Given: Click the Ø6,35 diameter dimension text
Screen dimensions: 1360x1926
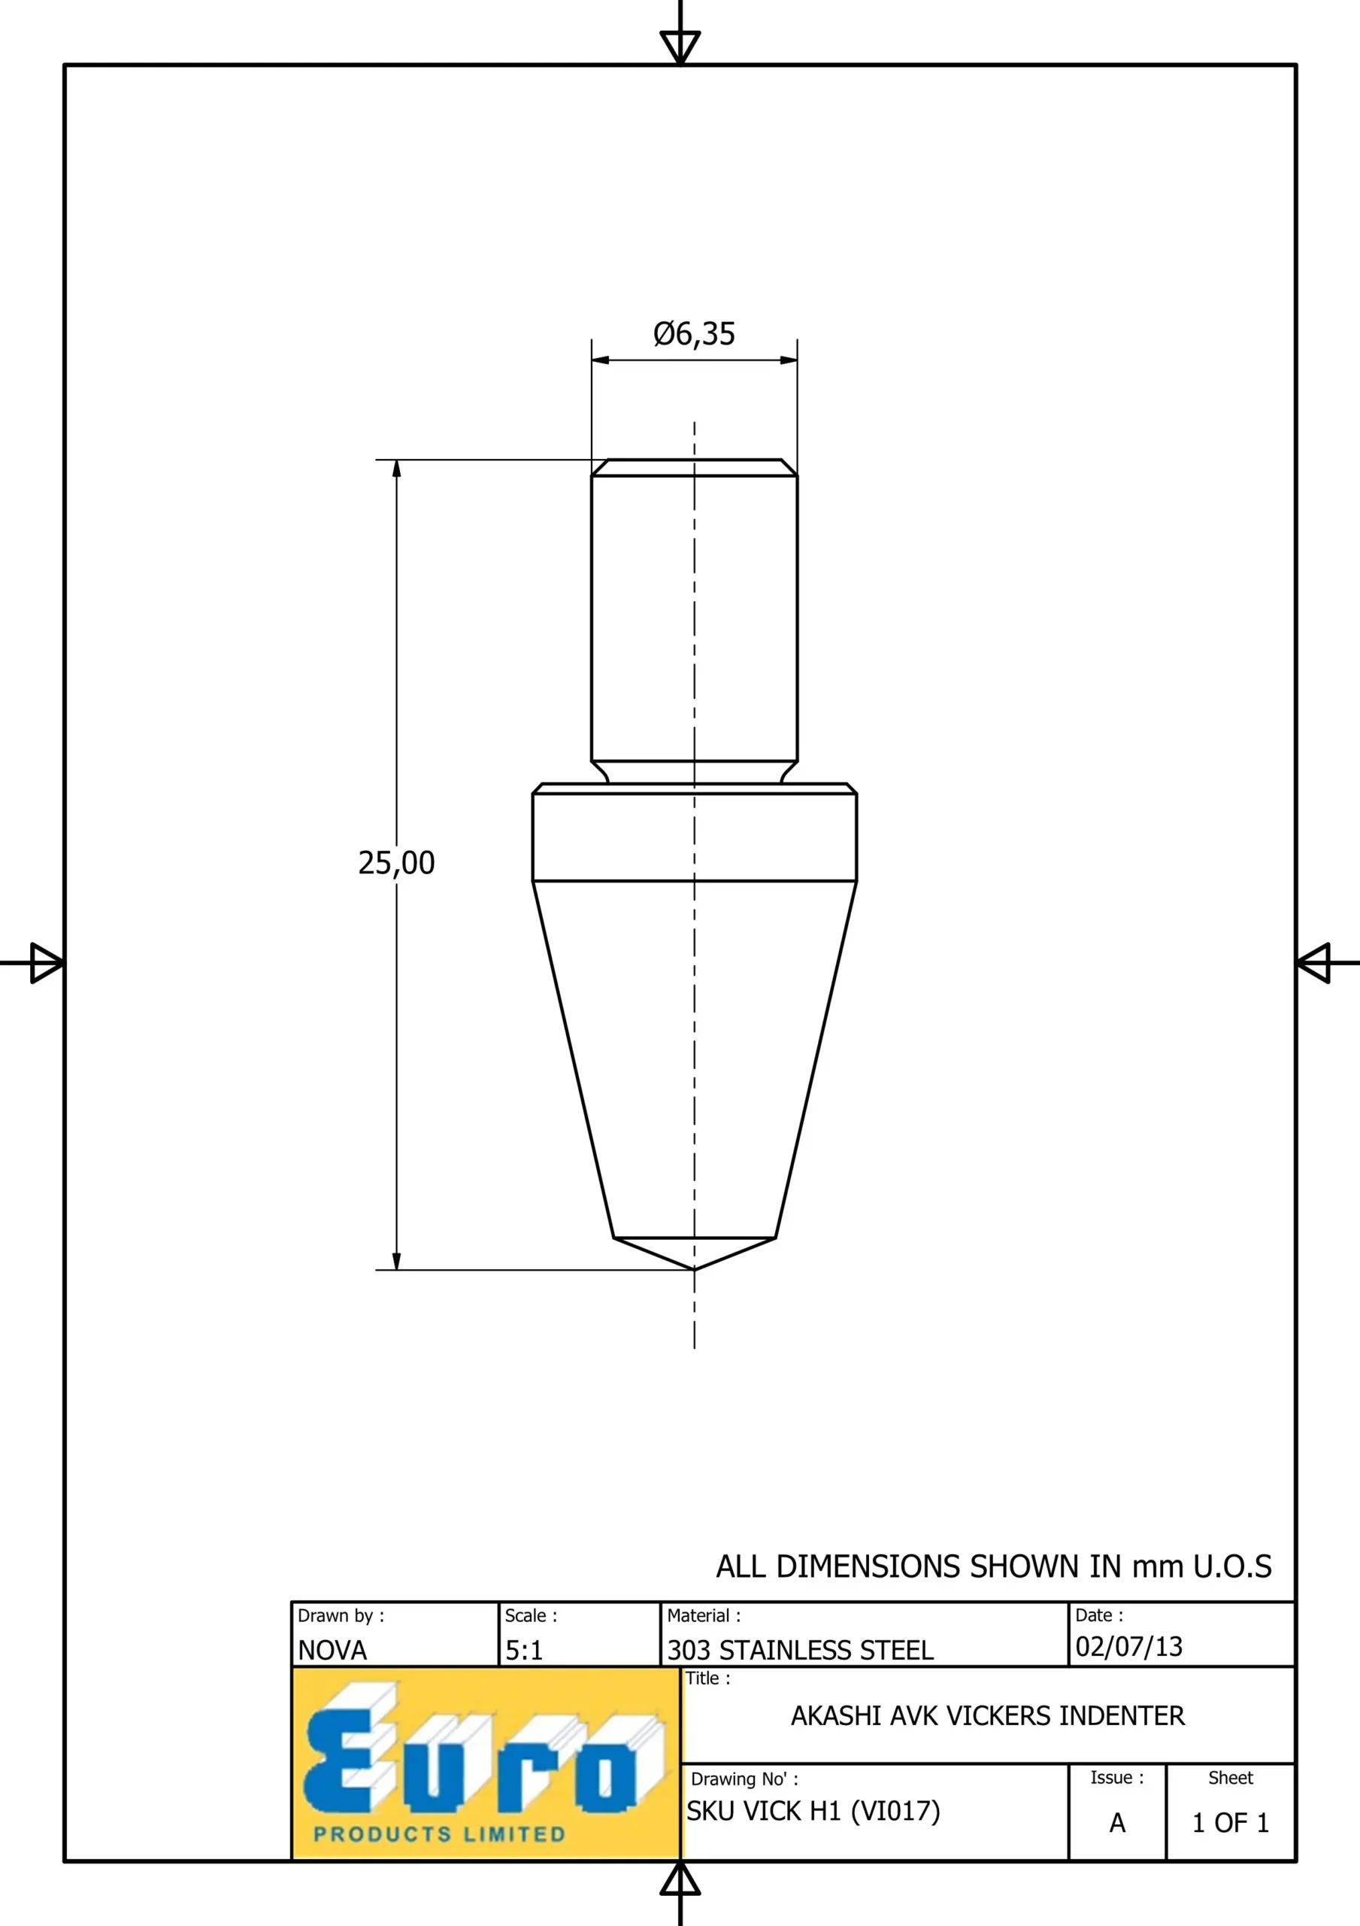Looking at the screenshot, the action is [x=694, y=334].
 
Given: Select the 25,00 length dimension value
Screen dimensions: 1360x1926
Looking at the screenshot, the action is [x=397, y=863].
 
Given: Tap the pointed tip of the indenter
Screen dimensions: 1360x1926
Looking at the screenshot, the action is [x=694, y=1269].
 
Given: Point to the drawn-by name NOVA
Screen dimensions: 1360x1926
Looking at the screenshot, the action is [x=333, y=1650].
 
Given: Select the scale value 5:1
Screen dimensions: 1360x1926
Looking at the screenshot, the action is [x=524, y=1650].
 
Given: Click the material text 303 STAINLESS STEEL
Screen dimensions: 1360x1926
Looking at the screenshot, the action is [x=800, y=1650].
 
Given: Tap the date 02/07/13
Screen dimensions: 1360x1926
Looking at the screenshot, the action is [x=1128, y=1646].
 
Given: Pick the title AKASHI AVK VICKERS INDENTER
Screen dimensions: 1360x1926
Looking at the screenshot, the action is [x=988, y=1715].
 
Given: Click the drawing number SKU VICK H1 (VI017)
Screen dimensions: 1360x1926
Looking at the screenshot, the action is [x=813, y=1811].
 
